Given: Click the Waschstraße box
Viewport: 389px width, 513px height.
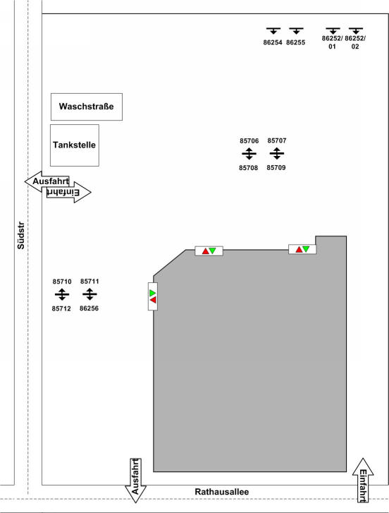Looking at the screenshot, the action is click(x=87, y=107).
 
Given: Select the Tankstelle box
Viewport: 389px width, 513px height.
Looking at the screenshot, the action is click(x=75, y=145).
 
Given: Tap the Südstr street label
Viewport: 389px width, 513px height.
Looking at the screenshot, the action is click(x=21, y=236).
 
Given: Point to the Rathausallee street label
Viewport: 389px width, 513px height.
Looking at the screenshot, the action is click(x=222, y=492).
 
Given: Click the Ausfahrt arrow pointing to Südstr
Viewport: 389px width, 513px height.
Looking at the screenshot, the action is click(x=47, y=181).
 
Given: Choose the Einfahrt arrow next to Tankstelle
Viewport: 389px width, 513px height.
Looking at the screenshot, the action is click(x=69, y=192).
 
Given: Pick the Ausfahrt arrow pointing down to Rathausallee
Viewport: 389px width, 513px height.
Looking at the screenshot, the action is click(x=135, y=481).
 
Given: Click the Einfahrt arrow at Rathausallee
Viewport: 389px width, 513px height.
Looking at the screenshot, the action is click(x=363, y=480).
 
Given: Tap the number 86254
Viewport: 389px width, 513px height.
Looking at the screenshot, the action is click(x=273, y=42).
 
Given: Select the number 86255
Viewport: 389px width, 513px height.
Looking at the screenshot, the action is click(x=295, y=42).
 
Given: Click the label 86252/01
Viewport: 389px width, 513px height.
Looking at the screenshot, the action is click(x=332, y=42).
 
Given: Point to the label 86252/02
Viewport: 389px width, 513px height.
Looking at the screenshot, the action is click(x=355, y=42).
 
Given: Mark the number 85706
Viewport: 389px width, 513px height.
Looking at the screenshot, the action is click(x=249, y=141).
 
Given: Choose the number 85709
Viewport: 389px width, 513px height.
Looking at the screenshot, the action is click(x=276, y=168).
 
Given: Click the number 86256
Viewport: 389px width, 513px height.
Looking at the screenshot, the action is click(x=89, y=308).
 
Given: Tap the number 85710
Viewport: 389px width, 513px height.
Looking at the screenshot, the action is click(x=62, y=282).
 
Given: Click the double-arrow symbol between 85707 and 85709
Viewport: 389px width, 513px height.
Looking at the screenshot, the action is click(x=277, y=153).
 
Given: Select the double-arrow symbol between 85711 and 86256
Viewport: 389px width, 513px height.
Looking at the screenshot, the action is click(x=89, y=294).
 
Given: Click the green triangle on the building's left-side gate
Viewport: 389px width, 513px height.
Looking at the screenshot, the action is click(x=152, y=293).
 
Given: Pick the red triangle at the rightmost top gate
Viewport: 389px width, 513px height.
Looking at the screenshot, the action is click(x=299, y=250).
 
